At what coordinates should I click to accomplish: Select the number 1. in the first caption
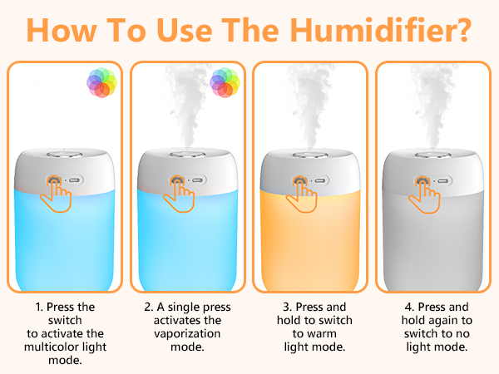[39, 307]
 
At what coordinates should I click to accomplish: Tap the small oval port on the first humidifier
[75, 179]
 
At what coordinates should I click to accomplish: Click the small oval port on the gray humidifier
[444, 179]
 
